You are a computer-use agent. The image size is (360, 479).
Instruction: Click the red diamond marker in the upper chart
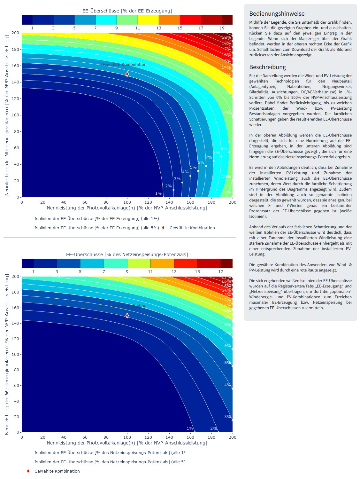tap(127, 74)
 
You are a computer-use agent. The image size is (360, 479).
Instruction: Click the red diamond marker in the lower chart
tap(127, 316)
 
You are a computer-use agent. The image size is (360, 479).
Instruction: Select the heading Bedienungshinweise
tap(277, 14)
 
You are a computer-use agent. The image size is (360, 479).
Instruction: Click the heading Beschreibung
tap(267, 67)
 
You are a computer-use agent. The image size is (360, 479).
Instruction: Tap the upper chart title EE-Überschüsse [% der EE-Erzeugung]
tap(127, 11)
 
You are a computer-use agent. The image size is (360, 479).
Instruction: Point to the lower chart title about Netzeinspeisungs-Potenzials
tap(127, 255)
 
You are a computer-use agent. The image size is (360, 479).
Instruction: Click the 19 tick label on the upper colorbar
tap(222, 28)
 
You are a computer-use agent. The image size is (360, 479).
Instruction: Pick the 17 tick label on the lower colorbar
tap(221, 272)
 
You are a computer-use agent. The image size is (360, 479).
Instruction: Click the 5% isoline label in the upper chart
tap(193, 167)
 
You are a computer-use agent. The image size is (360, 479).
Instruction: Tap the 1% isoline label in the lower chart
tap(190, 428)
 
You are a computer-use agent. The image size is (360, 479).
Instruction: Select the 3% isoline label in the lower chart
tap(227, 417)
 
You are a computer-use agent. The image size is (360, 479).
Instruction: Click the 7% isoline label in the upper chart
tap(209, 157)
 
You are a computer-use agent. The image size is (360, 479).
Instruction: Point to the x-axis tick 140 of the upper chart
tap(169, 202)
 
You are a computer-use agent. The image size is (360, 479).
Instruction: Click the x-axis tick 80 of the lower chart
tap(106, 437)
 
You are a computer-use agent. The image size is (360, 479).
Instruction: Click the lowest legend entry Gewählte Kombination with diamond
tap(57, 471)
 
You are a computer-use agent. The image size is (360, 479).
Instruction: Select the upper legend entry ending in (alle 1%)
tap(96, 219)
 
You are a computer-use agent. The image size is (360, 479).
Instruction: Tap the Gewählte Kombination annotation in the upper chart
tap(124, 65)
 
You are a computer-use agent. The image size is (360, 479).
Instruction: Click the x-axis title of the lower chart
tap(127, 443)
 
